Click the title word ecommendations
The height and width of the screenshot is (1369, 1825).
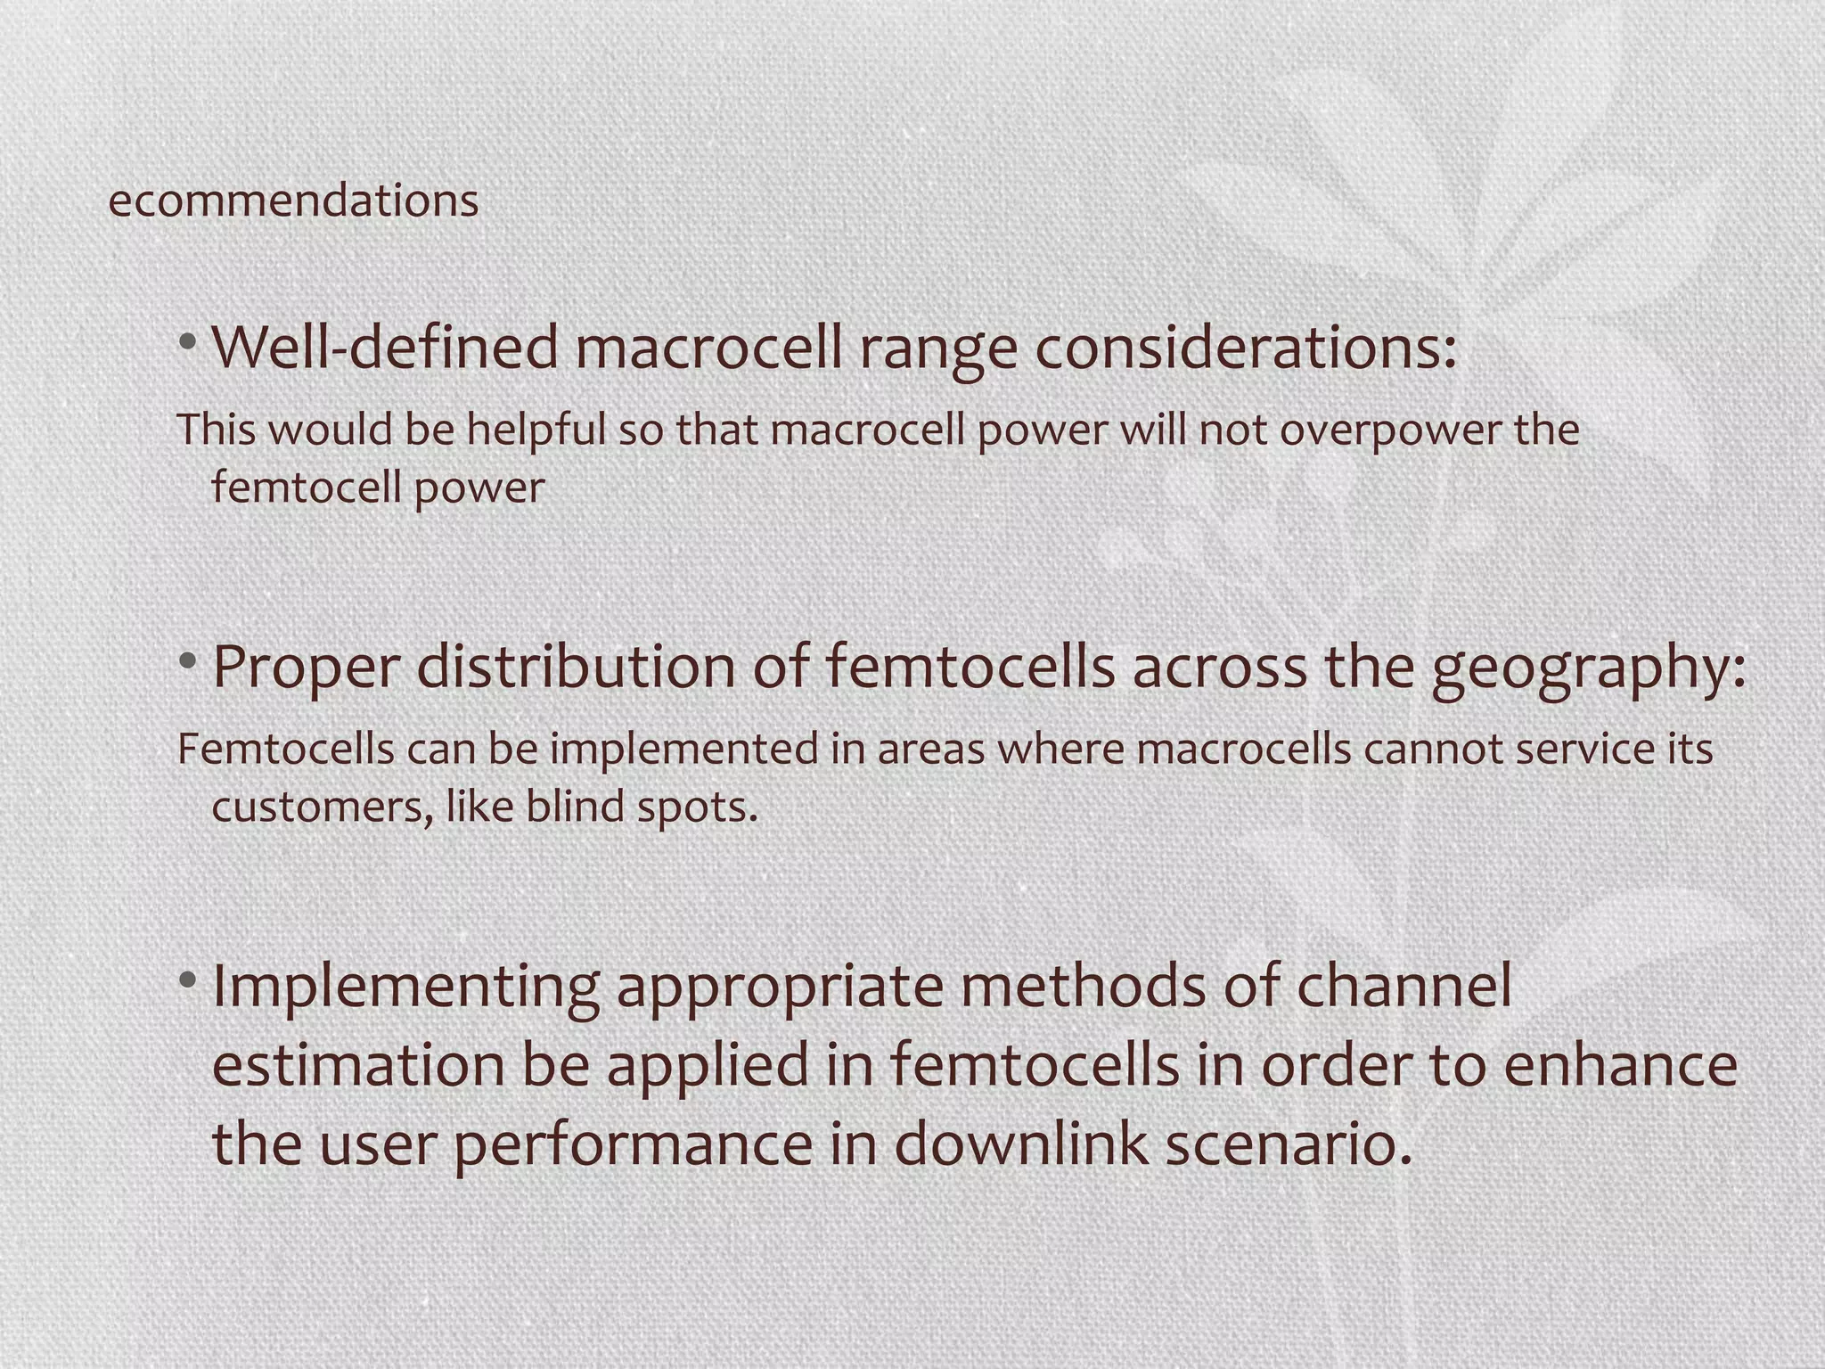point(293,200)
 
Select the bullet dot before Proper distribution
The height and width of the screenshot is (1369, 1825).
point(187,661)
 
